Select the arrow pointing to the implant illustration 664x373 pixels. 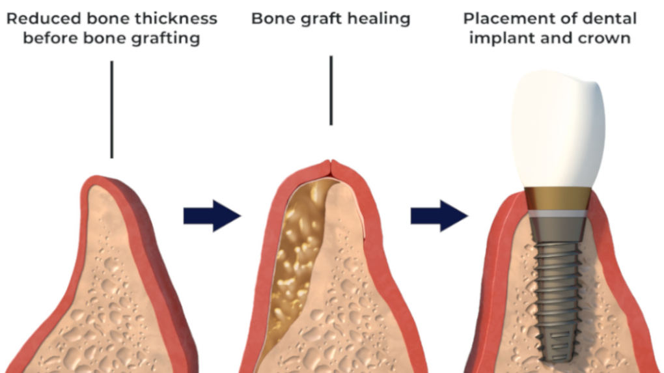pos(439,215)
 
